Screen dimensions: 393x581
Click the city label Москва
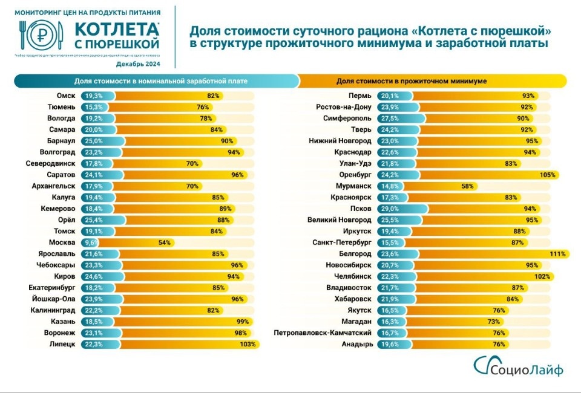point(62,242)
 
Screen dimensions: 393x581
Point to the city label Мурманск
point(353,186)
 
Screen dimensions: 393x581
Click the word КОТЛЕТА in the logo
point(117,30)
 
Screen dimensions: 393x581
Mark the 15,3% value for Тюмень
point(93,107)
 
